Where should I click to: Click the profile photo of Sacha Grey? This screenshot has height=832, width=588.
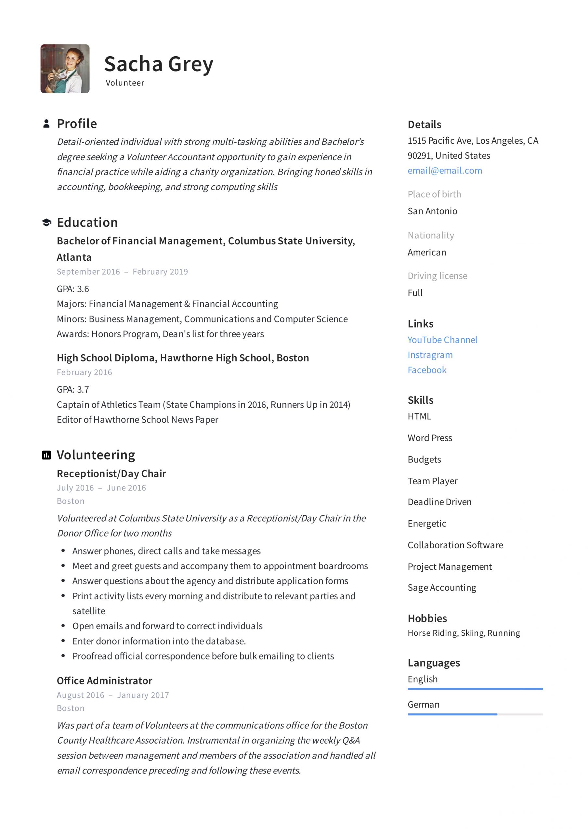(x=65, y=69)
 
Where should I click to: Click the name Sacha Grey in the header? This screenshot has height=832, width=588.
(x=158, y=64)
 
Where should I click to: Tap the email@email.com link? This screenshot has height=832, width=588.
(x=444, y=170)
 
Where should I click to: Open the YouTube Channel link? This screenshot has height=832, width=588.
(x=442, y=340)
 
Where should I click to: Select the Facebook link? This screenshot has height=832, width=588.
(x=427, y=370)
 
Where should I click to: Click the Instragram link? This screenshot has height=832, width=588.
(x=430, y=355)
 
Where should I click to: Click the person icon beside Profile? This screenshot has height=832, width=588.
(x=46, y=123)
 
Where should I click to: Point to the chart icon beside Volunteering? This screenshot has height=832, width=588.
(x=46, y=455)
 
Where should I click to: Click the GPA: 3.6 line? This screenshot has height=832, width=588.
(x=73, y=289)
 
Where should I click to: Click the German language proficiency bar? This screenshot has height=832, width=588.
(x=475, y=714)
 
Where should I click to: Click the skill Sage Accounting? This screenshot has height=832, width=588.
(x=441, y=587)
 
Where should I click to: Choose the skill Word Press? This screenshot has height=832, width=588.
(x=430, y=438)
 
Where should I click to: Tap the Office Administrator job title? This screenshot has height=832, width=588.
(x=104, y=681)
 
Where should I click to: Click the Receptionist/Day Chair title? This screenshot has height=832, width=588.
(x=111, y=474)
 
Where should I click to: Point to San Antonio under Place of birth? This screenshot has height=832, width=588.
(x=432, y=211)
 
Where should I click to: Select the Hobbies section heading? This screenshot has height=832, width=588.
(x=427, y=618)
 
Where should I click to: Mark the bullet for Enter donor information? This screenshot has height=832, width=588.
(x=63, y=641)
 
